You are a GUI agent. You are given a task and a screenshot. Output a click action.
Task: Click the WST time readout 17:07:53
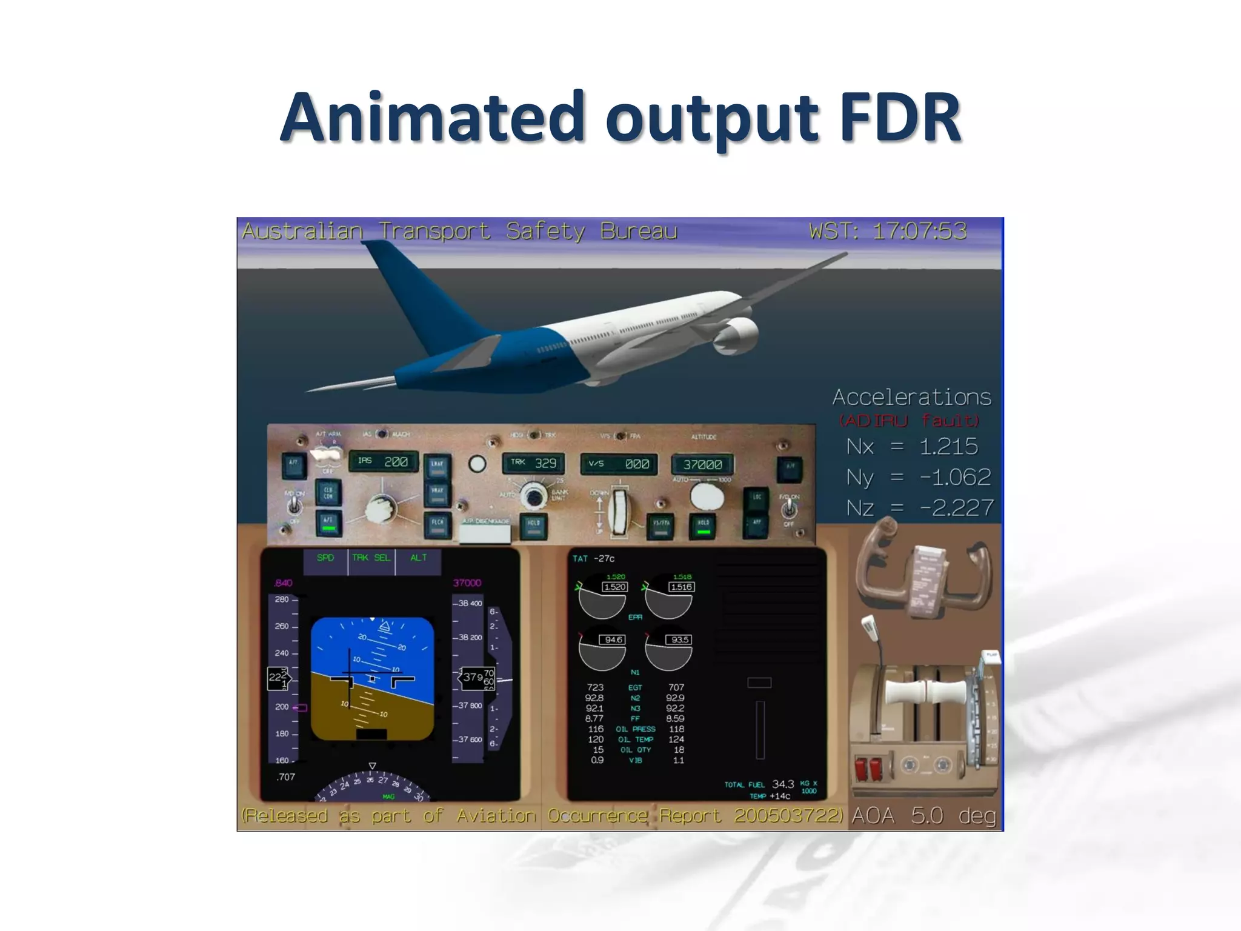pos(919,231)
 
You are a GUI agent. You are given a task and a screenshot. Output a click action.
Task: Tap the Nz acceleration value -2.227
pos(957,507)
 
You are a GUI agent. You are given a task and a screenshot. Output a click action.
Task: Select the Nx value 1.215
pos(948,446)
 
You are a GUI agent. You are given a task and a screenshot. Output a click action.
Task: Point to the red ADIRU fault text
pos(909,420)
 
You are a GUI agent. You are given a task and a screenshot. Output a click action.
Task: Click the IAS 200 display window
pos(384,462)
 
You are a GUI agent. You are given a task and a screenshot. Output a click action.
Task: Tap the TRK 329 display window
pos(534,463)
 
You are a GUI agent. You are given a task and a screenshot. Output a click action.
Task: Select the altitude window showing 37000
pos(702,465)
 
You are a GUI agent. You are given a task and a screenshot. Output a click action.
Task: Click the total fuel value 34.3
pos(782,784)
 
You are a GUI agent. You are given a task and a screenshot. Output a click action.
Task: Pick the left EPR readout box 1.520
pos(614,587)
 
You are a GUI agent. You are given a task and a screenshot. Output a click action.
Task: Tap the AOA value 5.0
pos(927,816)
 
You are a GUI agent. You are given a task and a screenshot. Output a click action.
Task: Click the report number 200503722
pos(788,816)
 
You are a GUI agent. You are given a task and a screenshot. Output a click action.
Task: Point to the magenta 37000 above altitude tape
pos(467,582)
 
